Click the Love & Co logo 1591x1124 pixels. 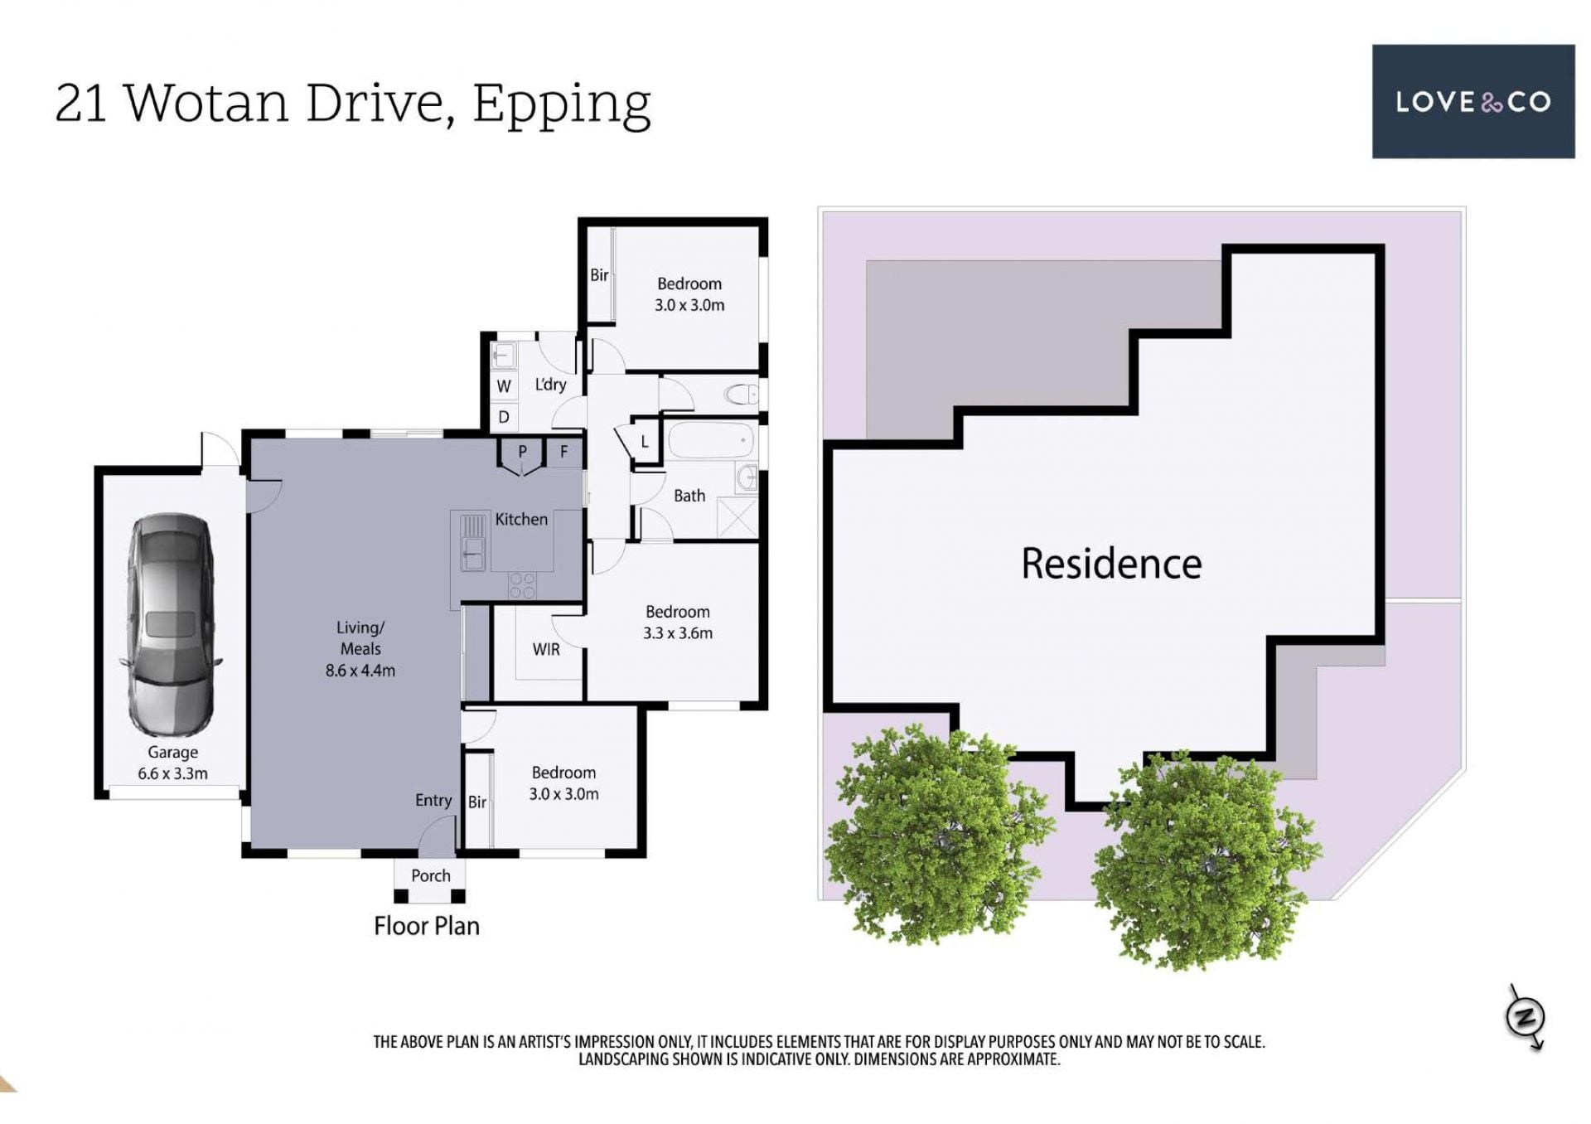click(1473, 101)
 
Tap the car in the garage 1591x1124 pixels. click(172, 624)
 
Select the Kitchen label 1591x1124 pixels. click(521, 520)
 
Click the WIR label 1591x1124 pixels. click(546, 649)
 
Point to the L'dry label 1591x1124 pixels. click(550, 385)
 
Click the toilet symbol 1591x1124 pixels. click(742, 394)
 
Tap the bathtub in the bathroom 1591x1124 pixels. click(711, 440)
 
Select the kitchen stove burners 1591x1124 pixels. click(522, 585)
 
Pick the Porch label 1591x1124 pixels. click(431, 876)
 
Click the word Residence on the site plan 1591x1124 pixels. click(1111, 564)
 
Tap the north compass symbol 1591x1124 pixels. click(1526, 1016)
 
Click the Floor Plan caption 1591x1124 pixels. click(427, 926)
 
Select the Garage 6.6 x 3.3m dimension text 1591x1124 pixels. click(172, 763)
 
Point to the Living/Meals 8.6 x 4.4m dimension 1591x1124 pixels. click(360, 649)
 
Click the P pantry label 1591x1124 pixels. click(522, 452)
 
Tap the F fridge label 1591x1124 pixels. click(563, 452)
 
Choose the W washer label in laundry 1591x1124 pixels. click(504, 386)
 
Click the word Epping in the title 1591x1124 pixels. click(562, 104)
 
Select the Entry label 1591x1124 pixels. click(433, 801)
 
